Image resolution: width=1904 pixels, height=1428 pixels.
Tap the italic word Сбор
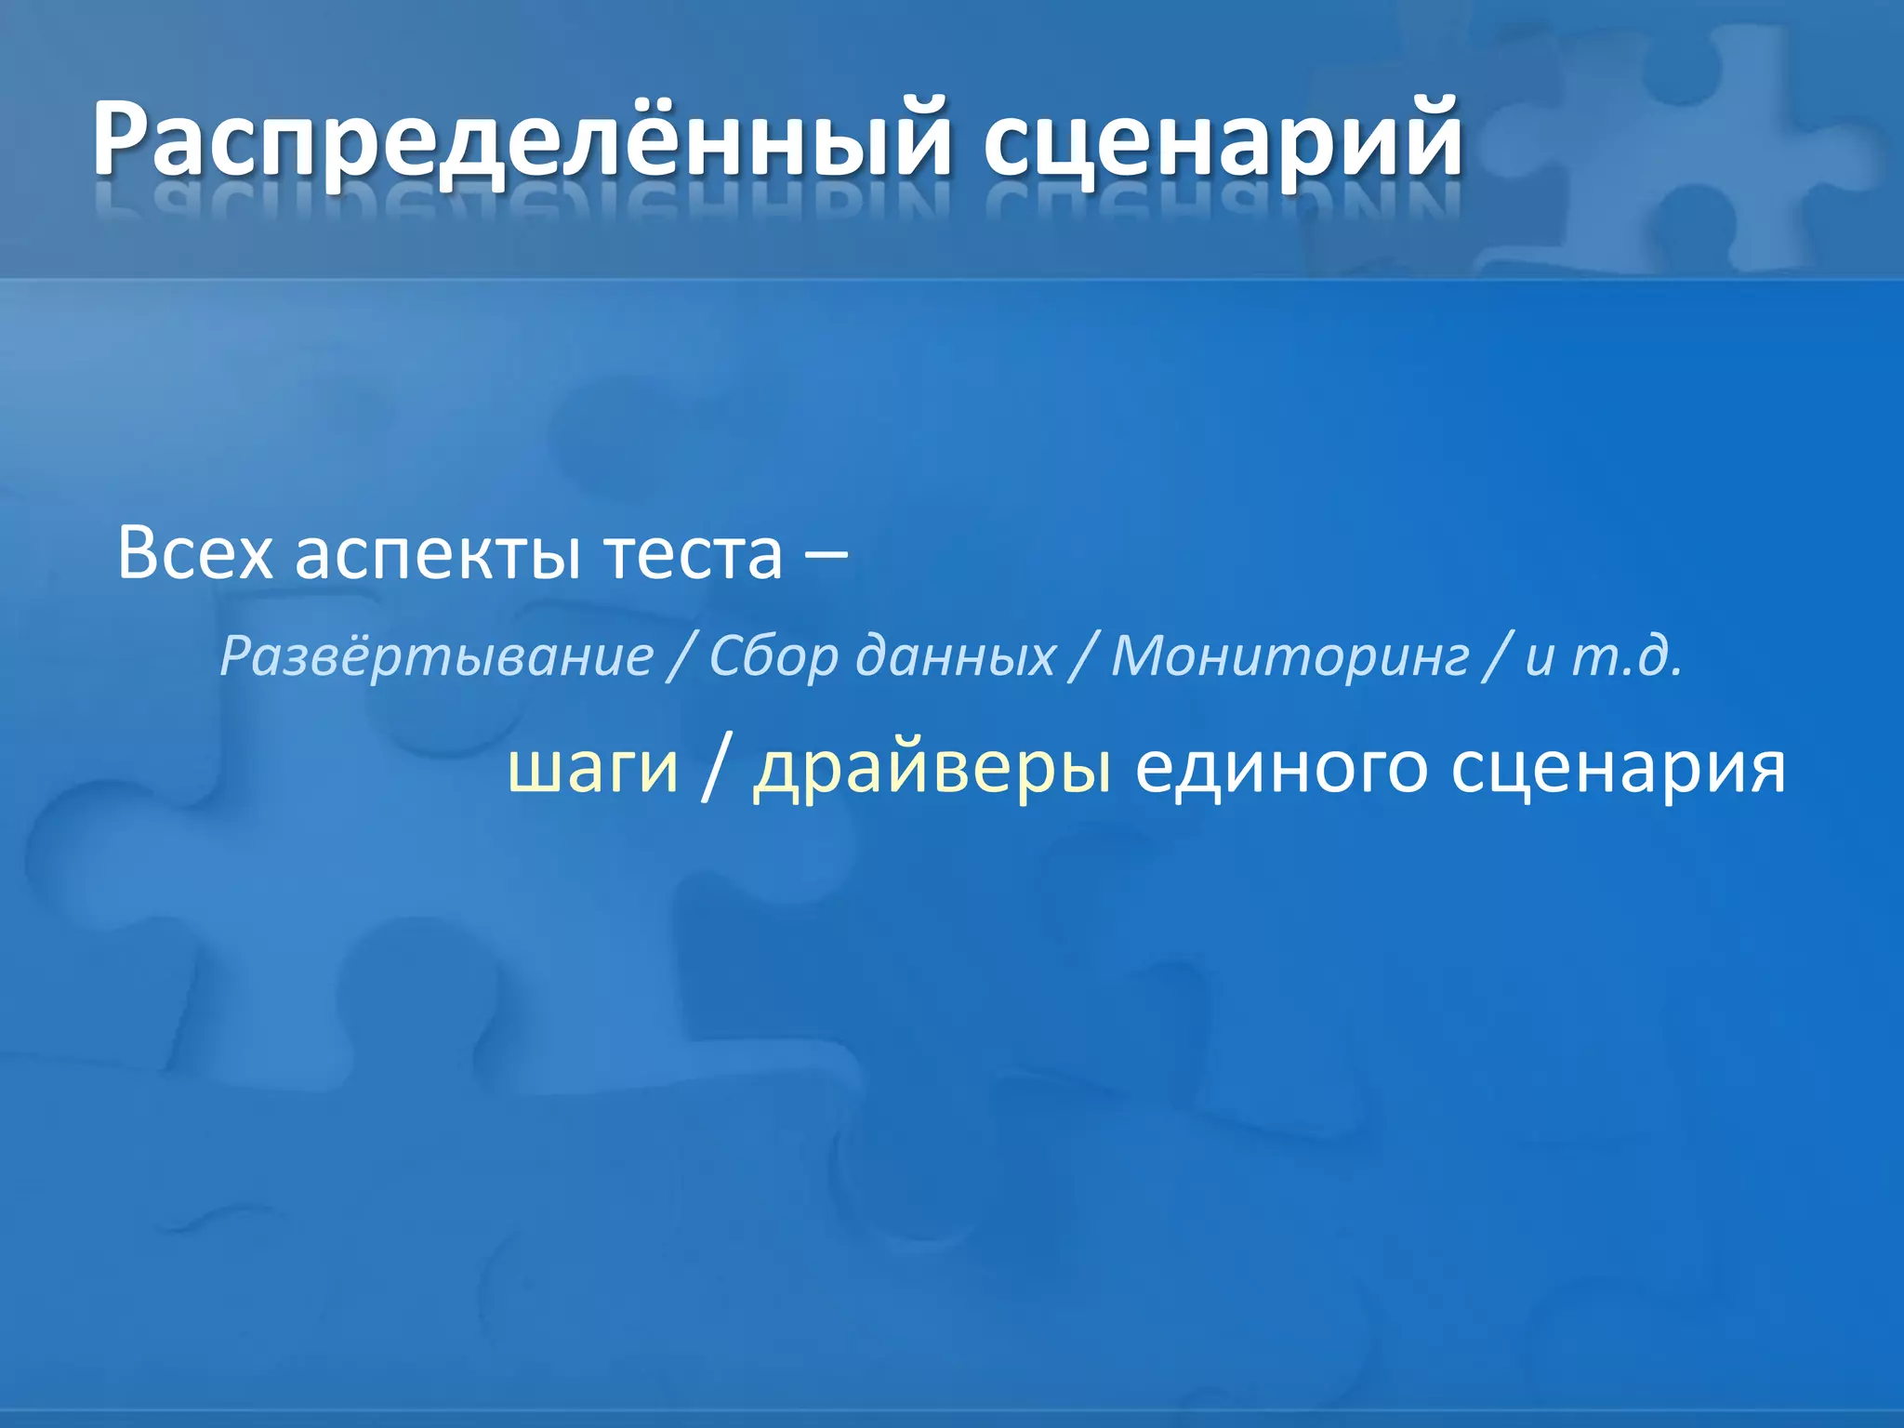click(773, 657)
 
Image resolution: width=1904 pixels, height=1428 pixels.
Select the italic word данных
click(956, 657)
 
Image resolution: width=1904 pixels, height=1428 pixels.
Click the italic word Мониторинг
click(1290, 657)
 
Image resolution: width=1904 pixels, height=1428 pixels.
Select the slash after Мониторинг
click(1498, 657)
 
